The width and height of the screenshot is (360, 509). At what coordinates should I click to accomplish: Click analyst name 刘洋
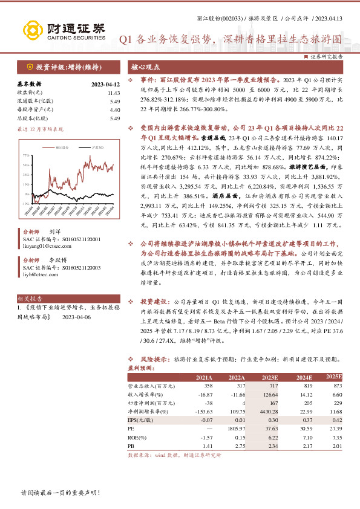coord(54,232)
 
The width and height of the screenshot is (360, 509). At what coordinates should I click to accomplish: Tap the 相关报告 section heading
coord(30,299)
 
